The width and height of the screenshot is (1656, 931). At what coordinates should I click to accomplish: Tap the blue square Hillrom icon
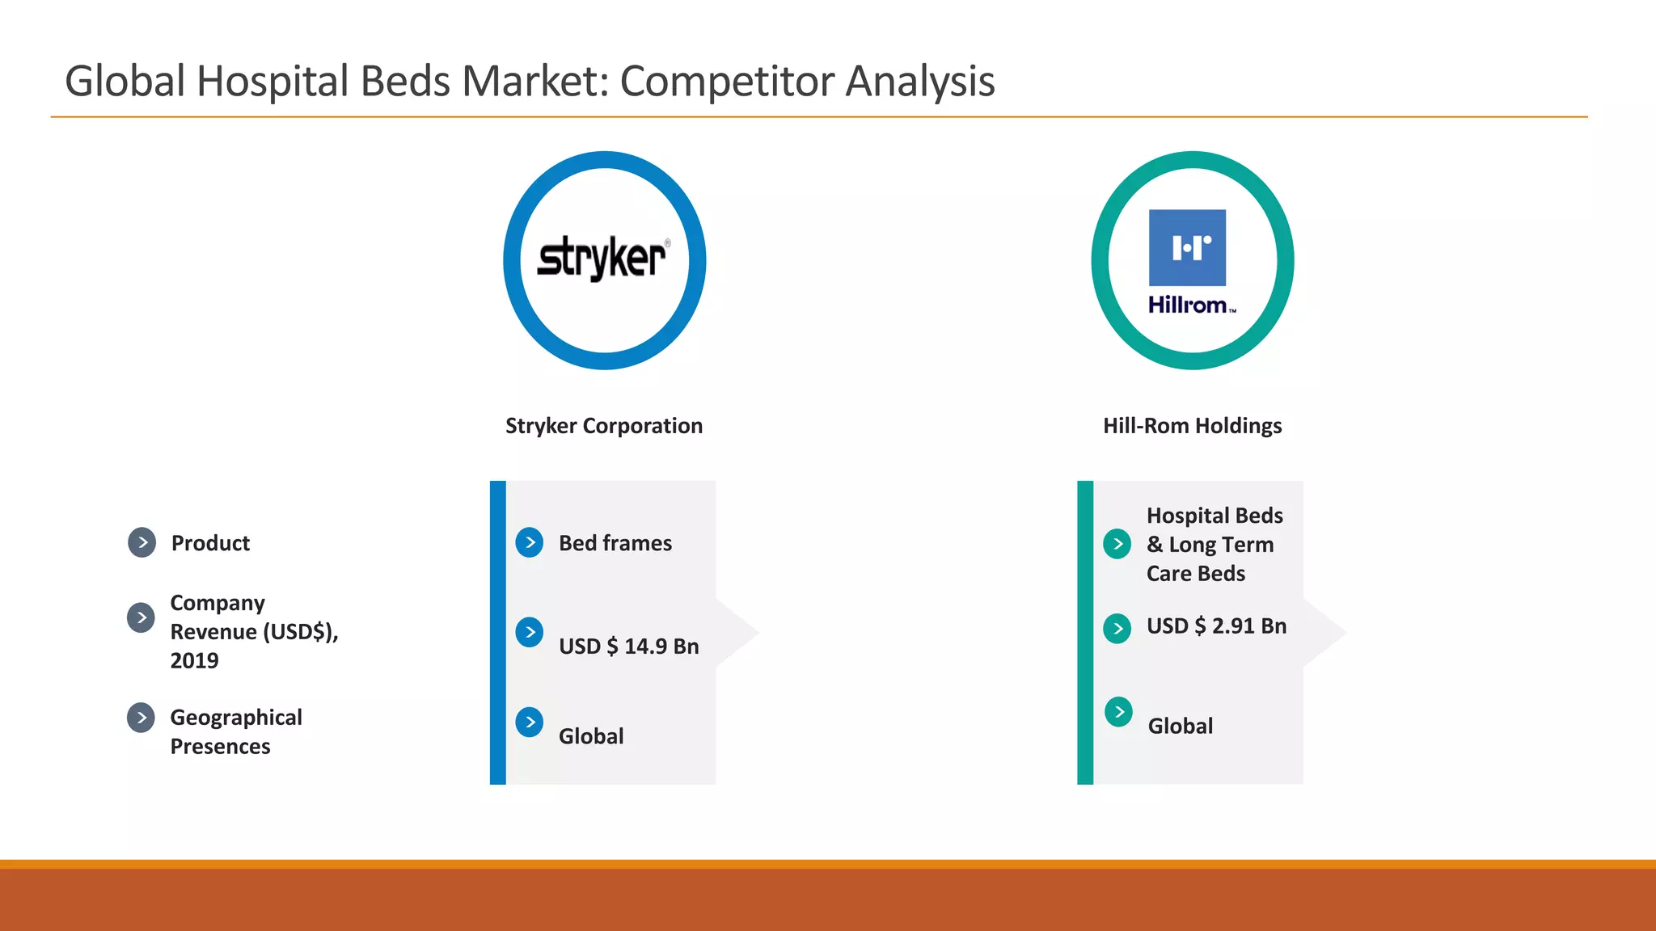pos(1187,247)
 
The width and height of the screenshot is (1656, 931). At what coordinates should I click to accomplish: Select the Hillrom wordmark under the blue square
pos(1189,305)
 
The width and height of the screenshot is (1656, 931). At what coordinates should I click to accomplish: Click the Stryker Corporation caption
pos(604,426)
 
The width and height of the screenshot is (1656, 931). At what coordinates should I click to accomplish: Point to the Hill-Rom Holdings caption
pos(1192,426)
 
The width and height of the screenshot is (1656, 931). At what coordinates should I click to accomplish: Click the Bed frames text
pos(615,543)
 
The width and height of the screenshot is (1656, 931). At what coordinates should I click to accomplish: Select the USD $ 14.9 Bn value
pos(628,647)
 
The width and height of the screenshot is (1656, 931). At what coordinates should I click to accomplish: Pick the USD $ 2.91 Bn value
pos(1215,626)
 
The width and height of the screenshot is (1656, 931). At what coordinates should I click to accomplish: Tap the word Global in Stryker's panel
pos(591,736)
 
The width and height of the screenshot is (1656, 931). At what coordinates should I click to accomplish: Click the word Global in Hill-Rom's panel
pos(1180,726)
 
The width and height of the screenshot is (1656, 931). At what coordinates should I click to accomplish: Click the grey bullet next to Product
pos(142,542)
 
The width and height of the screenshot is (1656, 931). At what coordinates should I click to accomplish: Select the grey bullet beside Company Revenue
pos(141,617)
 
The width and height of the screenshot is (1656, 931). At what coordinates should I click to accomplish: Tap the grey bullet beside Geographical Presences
pos(141,717)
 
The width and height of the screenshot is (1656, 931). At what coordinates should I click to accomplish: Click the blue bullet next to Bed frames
pos(530,542)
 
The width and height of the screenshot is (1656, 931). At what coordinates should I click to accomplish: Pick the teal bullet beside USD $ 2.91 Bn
pos(1117,628)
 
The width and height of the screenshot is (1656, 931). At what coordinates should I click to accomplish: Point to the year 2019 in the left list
pos(194,661)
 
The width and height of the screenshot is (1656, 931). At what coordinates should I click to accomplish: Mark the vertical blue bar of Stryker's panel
pos(498,632)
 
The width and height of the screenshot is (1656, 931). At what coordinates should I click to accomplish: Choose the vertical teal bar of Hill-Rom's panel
pos(1085,632)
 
